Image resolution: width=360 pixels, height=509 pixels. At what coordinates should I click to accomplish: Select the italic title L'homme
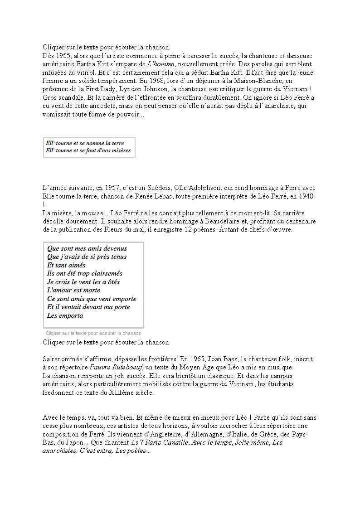(161, 64)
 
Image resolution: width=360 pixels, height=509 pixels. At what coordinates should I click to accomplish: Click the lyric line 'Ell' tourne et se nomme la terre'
(85, 143)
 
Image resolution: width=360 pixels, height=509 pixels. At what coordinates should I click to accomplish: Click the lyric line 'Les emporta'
(65, 315)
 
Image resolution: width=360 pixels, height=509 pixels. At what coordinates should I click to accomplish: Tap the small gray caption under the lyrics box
(93, 333)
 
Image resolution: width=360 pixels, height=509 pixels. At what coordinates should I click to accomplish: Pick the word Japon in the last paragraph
(68, 442)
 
